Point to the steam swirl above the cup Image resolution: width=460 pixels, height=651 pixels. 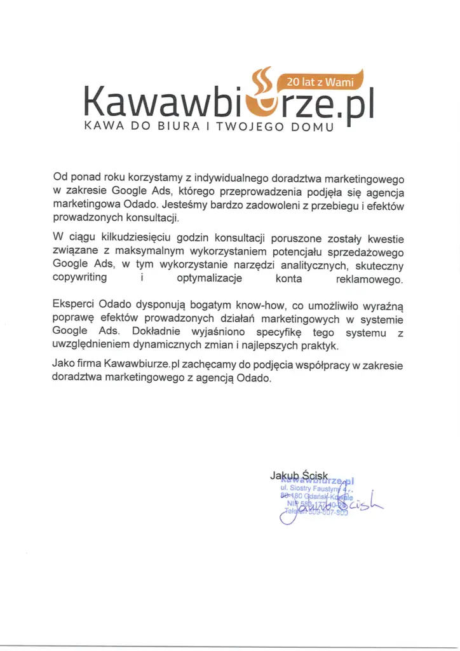point(261,79)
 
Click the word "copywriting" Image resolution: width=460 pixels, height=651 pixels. point(80,278)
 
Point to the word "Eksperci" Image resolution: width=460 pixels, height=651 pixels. point(74,305)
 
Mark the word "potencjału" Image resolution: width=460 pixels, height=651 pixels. point(297,251)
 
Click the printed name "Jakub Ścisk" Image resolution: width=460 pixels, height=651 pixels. point(299,476)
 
